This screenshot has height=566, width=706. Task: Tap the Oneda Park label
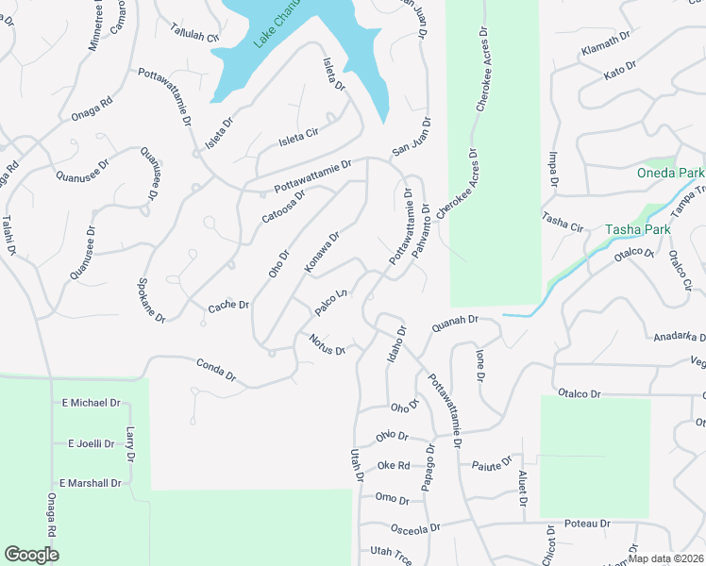(670, 174)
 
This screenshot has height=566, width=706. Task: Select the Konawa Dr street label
(322, 254)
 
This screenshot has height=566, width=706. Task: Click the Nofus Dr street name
(327, 343)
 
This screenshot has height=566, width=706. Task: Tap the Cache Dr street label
(228, 305)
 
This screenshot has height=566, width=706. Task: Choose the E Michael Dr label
(91, 403)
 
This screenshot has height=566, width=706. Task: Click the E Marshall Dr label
(91, 483)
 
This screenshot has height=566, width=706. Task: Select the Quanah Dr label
(450, 324)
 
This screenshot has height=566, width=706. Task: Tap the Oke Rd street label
(394, 465)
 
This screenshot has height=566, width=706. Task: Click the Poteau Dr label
(587, 523)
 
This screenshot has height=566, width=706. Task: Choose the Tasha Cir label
(563, 221)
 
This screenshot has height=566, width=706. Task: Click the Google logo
(31, 554)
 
